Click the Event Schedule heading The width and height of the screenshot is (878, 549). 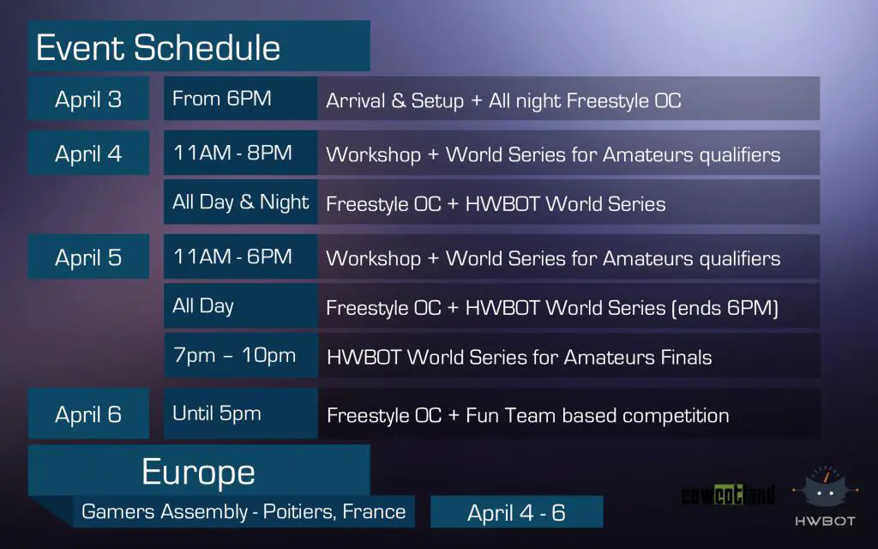pyautogui.click(x=159, y=47)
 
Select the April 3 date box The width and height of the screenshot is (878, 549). pyautogui.click(x=88, y=100)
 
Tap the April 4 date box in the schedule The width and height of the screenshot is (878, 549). pyautogui.click(x=88, y=154)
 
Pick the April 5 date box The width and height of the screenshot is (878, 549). pyautogui.click(x=88, y=257)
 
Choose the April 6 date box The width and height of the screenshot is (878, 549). pyautogui.click(x=88, y=415)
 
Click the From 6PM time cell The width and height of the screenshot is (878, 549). pyautogui.click(x=222, y=99)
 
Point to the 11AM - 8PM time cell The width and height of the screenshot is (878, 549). pyautogui.click(x=232, y=153)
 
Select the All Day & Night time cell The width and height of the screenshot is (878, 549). pyautogui.click(x=240, y=202)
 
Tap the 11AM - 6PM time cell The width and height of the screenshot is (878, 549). pyautogui.click(x=232, y=256)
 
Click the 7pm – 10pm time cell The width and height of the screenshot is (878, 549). pyautogui.click(x=235, y=355)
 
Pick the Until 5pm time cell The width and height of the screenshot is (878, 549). pyautogui.click(x=217, y=413)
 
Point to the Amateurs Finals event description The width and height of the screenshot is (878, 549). pyautogui.click(x=519, y=357)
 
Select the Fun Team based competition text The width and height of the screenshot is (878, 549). pyautogui.click(x=598, y=416)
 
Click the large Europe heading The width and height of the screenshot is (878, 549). pyautogui.click(x=198, y=472)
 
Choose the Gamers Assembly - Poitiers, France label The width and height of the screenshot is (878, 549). pyautogui.click(x=244, y=512)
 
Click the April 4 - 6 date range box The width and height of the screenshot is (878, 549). pyautogui.click(x=516, y=513)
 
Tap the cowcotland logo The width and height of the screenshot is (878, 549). pyautogui.click(x=728, y=495)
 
